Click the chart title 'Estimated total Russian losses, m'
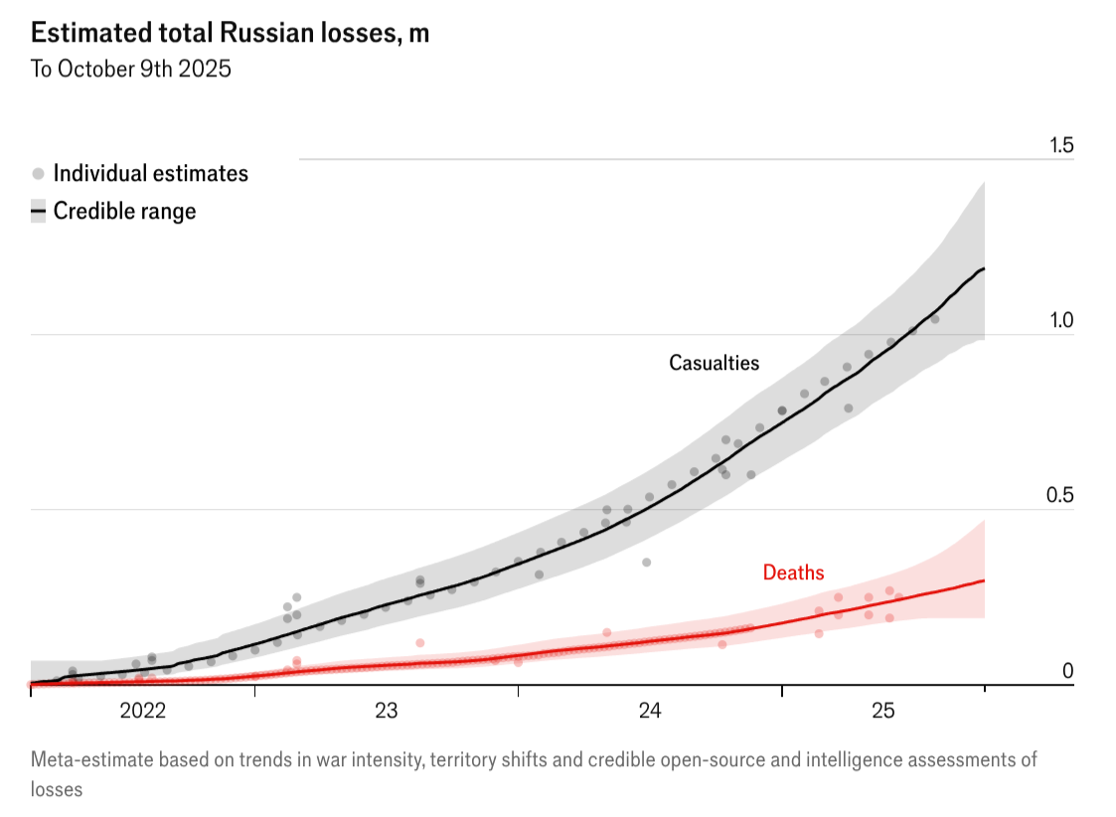[230, 33]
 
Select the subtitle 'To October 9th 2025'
[131, 70]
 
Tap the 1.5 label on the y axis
[1061, 146]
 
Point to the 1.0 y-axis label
[1061, 321]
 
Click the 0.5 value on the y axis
[1061, 496]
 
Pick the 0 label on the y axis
[1068, 671]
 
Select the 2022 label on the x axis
[142, 711]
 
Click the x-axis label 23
[386, 711]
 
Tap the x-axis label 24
[650, 711]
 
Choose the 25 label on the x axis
[883, 711]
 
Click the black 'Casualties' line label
[714, 363]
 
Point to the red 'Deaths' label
[793, 572]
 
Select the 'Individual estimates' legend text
[150, 173]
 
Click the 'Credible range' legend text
[124, 211]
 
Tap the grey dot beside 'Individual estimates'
[38, 174]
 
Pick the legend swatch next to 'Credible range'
[38, 211]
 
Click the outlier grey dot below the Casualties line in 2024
[646, 563]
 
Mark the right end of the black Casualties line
[984, 269]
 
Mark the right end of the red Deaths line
[984, 580]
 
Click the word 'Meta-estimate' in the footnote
[89, 760]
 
